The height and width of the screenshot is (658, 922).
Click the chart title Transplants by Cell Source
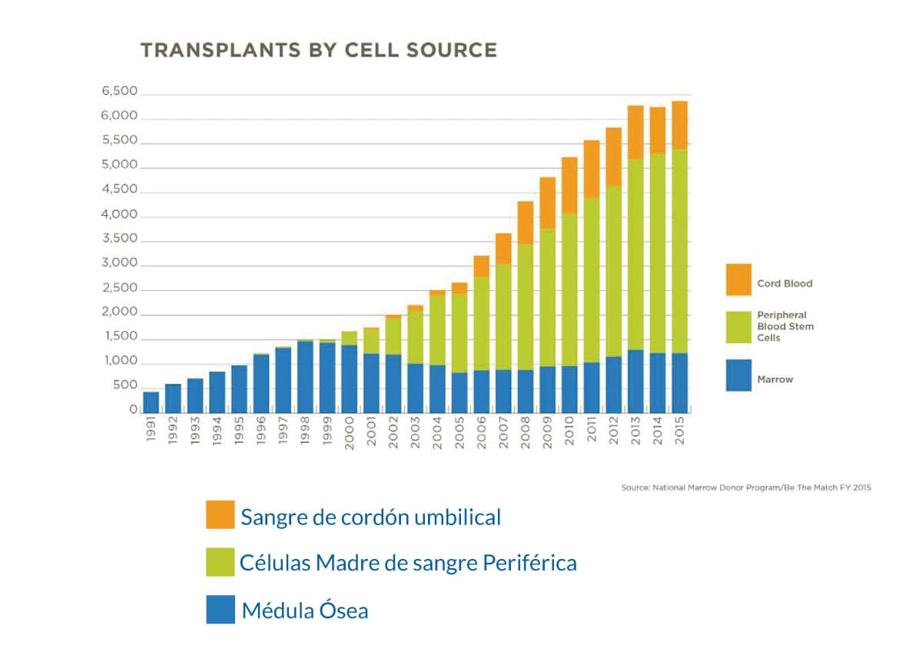pyautogui.click(x=318, y=51)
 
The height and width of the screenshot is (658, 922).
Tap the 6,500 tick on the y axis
pyautogui.click(x=119, y=91)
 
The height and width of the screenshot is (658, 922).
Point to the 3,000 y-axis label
pyautogui.click(x=119, y=263)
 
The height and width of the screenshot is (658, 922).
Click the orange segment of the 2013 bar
pyautogui.click(x=635, y=132)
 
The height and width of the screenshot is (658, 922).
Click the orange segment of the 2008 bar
pyautogui.click(x=526, y=223)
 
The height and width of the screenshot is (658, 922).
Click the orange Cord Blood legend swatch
pyautogui.click(x=738, y=279)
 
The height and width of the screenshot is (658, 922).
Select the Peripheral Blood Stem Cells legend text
pyautogui.click(x=786, y=326)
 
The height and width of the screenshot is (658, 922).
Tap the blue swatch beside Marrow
pyautogui.click(x=738, y=375)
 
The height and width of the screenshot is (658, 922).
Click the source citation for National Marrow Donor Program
pyautogui.click(x=745, y=488)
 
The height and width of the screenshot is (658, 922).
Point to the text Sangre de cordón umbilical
pyautogui.click(x=370, y=517)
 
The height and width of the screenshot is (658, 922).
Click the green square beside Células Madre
pyautogui.click(x=220, y=561)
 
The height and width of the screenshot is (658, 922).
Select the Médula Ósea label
pyautogui.click(x=305, y=611)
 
